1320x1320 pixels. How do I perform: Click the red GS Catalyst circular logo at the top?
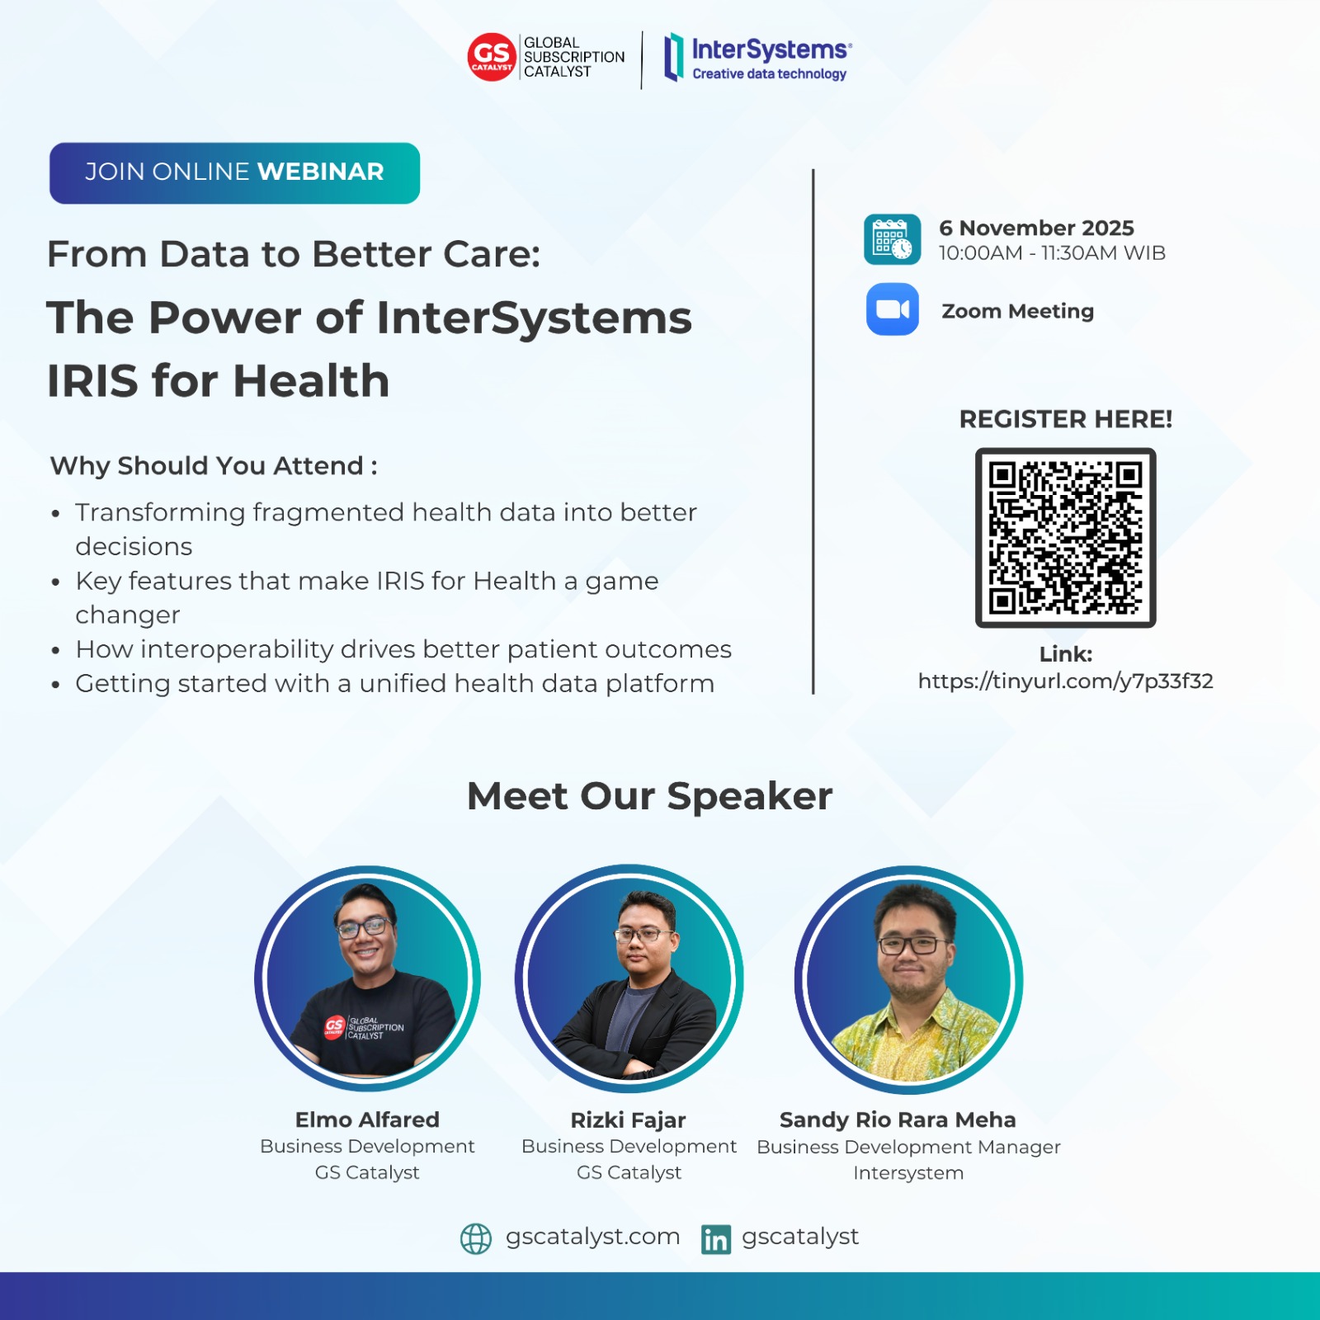492,57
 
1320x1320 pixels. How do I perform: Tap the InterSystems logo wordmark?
770,50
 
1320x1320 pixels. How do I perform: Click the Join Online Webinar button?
234,172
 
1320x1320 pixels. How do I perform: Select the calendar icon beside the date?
892,239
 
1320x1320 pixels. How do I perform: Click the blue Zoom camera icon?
892,309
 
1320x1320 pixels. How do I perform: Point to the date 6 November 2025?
1036,228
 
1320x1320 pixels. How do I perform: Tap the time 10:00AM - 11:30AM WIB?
1052,253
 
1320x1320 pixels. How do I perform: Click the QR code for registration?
1065,538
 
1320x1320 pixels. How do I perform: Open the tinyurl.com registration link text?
1065,681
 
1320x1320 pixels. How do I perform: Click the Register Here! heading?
1065,419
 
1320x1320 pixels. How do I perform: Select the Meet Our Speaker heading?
649,796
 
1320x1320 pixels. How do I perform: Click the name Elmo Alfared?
367,1120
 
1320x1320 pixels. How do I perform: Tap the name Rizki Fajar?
628,1120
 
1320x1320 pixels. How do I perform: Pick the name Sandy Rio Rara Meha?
898,1120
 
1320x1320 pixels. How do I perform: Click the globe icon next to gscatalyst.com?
475,1238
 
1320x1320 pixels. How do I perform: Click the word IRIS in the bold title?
92,381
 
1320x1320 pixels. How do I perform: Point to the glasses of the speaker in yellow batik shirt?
912,945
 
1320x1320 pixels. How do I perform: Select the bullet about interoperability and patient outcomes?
403,649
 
